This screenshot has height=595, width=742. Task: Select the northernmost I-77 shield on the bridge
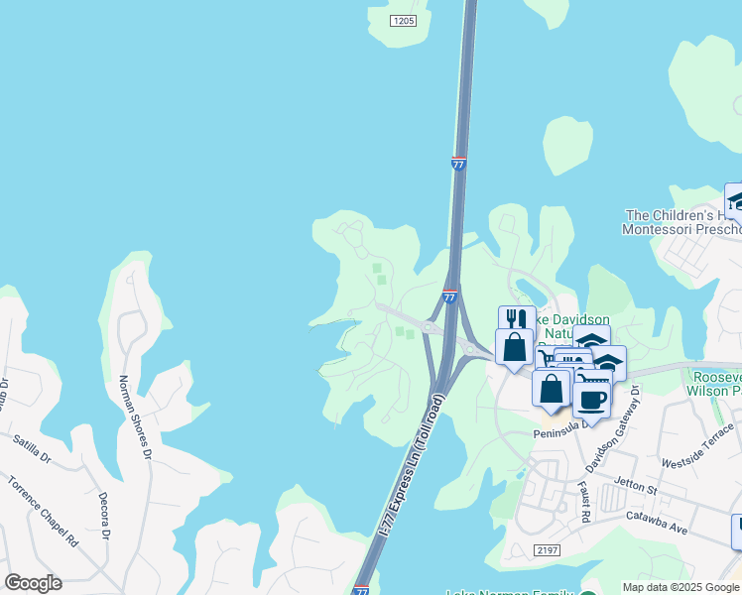(x=458, y=164)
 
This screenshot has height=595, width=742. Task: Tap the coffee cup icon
(x=592, y=400)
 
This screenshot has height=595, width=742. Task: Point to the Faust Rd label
(x=584, y=502)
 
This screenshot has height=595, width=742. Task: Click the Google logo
(x=33, y=583)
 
